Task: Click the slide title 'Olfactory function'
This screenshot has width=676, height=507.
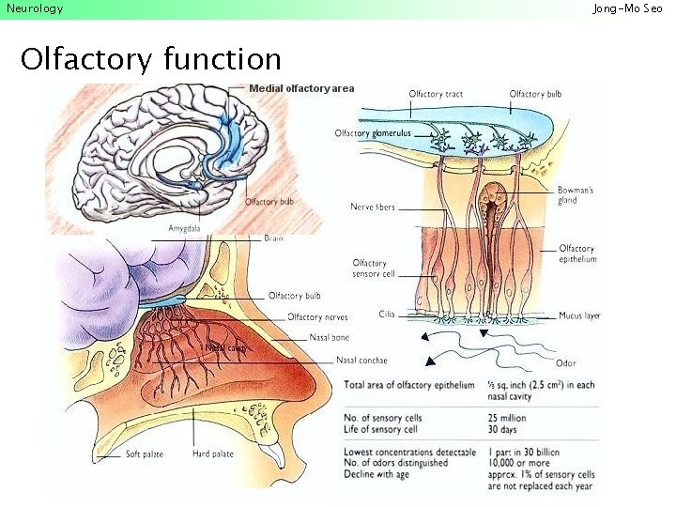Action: (150, 59)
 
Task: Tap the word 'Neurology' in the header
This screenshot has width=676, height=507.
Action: (35, 8)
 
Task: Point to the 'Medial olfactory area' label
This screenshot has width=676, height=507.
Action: (301, 88)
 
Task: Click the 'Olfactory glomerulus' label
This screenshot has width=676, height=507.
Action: (373, 133)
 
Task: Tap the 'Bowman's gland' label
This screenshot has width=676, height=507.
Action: (576, 194)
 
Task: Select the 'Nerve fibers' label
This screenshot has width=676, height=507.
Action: (373, 207)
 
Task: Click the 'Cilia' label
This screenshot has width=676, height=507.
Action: (387, 314)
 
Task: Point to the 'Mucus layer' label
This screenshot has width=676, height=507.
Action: (579, 316)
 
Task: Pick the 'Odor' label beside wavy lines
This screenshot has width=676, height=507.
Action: (566, 362)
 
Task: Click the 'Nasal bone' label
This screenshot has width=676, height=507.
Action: (329, 337)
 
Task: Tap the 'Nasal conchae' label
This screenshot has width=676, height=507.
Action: (361, 361)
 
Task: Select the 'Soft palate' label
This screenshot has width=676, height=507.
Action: (145, 454)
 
